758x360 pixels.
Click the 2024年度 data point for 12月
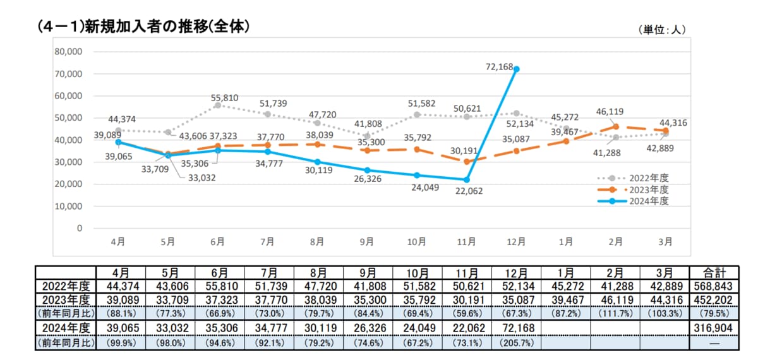pyautogui.click(x=517, y=69)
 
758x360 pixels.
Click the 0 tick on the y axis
pyautogui.click(x=79, y=229)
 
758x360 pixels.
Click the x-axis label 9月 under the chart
pyautogui.click(x=367, y=241)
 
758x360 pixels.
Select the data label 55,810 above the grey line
pyautogui.click(x=224, y=98)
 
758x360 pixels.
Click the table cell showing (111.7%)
pyautogui.click(x=617, y=314)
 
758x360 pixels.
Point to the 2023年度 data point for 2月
pyautogui.click(x=616, y=126)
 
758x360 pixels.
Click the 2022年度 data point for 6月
pyautogui.click(x=217, y=105)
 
